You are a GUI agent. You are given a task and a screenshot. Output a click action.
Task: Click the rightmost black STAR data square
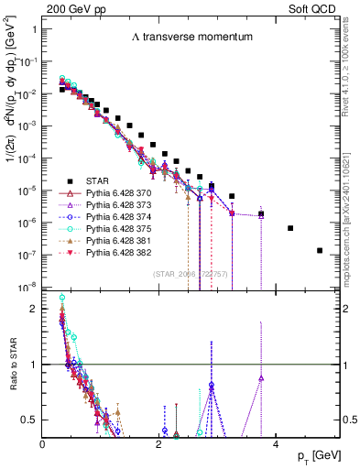tap(319, 250)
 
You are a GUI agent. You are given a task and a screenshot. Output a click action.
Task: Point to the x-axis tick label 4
tap(276, 442)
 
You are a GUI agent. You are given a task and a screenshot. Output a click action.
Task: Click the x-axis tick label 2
tap(159, 442)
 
